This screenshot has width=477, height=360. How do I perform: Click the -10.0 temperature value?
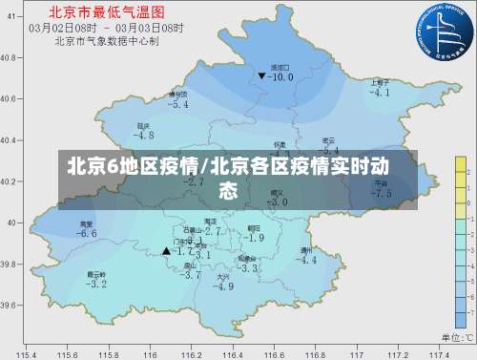(x=281, y=77)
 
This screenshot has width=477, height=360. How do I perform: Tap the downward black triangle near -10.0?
(x=261, y=74)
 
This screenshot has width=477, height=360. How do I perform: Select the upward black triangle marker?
(x=166, y=251)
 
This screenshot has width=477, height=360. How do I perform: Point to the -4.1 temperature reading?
(x=381, y=93)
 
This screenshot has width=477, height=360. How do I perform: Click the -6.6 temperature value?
(x=88, y=233)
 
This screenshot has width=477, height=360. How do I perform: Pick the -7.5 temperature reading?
(x=382, y=193)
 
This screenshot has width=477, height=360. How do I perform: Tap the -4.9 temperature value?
(x=223, y=286)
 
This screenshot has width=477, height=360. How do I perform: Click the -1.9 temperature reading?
(x=254, y=237)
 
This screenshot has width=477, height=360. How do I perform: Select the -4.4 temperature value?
(x=307, y=260)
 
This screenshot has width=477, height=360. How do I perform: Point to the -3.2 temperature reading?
(x=96, y=284)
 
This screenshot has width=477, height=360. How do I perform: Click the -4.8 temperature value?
(x=144, y=136)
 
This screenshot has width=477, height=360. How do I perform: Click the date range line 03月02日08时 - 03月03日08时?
(x=105, y=28)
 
